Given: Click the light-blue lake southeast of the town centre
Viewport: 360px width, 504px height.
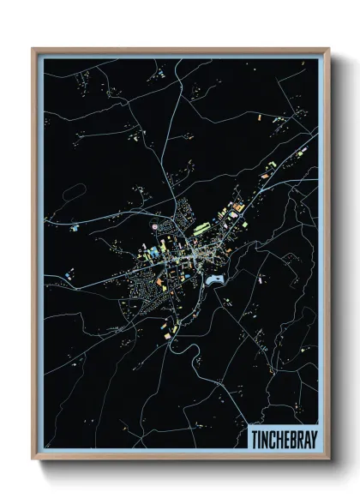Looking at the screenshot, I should point(213,279).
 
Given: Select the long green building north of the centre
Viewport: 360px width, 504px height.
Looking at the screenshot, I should point(204,229).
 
